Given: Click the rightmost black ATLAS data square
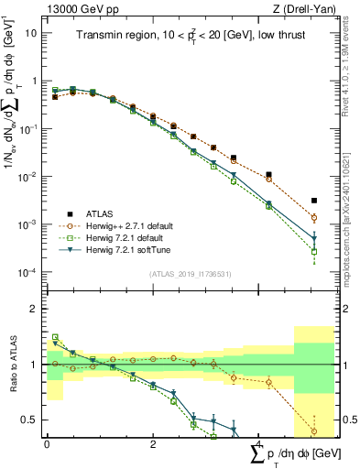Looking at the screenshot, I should coord(314,200).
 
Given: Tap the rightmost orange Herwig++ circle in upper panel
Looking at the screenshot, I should coord(314,218).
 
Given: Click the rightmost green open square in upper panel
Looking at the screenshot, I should coord(314,251).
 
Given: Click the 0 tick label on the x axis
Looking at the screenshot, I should coord(47,443).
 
